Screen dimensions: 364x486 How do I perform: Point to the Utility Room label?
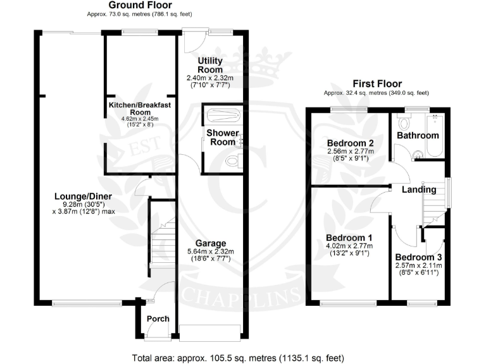(x=210, y=64)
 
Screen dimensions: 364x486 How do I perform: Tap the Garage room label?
(x=210, y=243)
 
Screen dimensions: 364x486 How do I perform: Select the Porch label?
(x=158, y=318)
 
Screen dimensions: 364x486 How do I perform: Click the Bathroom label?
(x=418, y=135)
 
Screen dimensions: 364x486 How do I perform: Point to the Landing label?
(x=420, y=190)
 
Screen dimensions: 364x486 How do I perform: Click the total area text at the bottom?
(x=243, y=357)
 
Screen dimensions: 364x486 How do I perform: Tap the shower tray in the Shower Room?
(x=222, y=116)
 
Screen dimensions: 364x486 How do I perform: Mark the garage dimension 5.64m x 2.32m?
(x=210, y=252)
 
